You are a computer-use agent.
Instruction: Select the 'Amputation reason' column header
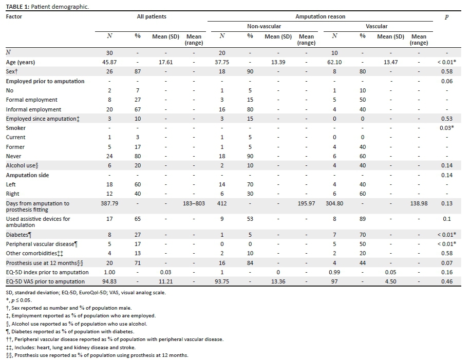(x=320, y=16)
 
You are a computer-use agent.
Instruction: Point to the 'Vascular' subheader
(x=376, y=26)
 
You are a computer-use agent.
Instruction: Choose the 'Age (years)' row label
(x=20, y=62)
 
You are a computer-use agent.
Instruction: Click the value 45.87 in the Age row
(x=109, y=62)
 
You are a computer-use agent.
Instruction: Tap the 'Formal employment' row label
(x=31, y=100)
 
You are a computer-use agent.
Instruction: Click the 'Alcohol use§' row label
(x=23, y=165)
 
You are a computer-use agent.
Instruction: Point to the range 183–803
(x=194, y=203)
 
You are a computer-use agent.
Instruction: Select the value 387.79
(x=109, y=203)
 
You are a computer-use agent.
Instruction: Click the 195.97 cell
(x=306, y=203)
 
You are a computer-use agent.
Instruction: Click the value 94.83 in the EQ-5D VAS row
(x=109, y=281)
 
